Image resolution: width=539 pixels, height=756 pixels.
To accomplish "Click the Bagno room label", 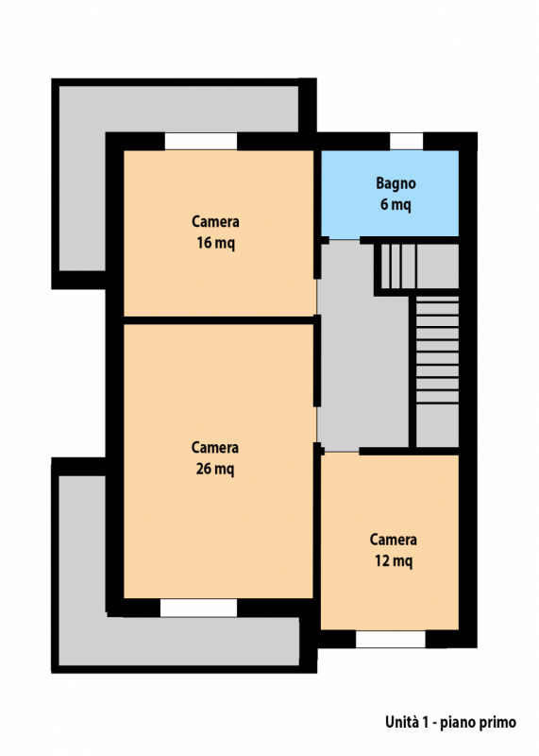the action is click(x=396, y=183).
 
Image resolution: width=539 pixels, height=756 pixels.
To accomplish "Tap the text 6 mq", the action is click(x=396, y=204).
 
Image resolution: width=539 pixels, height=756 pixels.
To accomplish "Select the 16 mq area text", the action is click(x=215, y=243).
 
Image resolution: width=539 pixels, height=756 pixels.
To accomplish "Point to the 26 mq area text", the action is click(x=215, y=469).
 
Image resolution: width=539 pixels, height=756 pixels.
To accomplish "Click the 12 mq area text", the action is click(x=394, y=560).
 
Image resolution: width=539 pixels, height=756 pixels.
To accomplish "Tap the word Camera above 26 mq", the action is click(x=215, y=447).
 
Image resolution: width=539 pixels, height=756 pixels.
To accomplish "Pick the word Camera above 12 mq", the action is click(x=393, y=540).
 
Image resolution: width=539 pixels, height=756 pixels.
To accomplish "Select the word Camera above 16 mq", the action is click(x=215, y=221).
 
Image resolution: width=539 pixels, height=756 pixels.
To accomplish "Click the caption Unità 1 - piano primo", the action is click(x=450, y=722).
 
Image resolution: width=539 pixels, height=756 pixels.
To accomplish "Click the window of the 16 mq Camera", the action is click(x=201, y=141).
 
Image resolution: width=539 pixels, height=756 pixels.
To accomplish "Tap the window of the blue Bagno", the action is click(x=406, y=141).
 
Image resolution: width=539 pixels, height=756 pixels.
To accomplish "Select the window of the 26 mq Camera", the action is click(x=198, y=608).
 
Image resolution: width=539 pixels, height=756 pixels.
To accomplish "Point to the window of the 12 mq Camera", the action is click(x=391, y=640).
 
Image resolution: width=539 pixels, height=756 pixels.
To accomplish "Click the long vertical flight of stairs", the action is click(x=437, y=350).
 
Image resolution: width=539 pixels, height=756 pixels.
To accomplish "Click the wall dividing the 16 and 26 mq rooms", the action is click(x=219, y=320).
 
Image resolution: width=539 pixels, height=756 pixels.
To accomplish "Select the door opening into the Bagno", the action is click(x=345, y=239).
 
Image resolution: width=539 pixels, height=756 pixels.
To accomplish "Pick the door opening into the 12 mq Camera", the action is click(x=342, y=452).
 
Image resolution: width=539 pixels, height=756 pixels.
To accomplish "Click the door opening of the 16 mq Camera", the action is click(x=316, y=297).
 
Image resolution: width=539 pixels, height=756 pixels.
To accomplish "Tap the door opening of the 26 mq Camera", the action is click(x=316, y=424).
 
